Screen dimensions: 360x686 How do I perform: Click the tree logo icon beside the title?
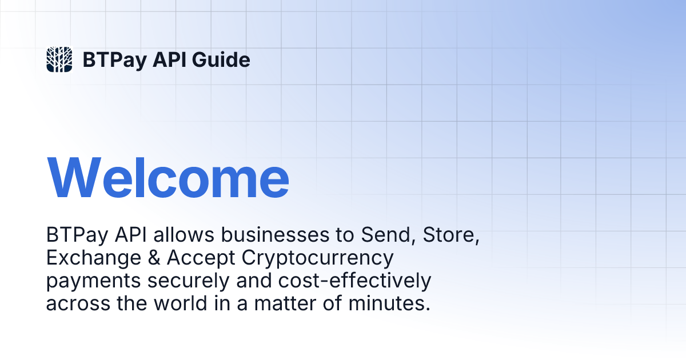coord(59,59)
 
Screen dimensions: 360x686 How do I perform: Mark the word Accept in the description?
coord(201,258)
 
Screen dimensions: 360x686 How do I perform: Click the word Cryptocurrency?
coord(318,258)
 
